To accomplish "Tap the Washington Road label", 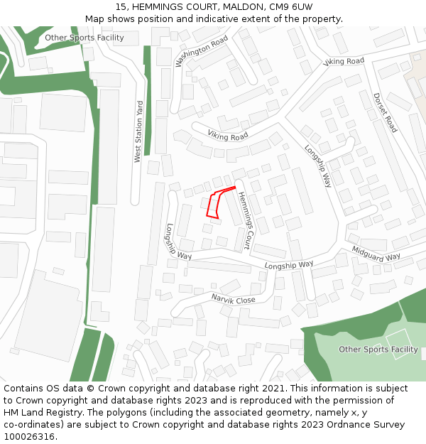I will [x=202, y=50].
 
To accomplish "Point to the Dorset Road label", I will [x=385, y=113].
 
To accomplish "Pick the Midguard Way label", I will [x=376, y=253].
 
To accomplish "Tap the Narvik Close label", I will [x=233, y=300].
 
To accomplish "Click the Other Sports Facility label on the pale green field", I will [x=378, y=350].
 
